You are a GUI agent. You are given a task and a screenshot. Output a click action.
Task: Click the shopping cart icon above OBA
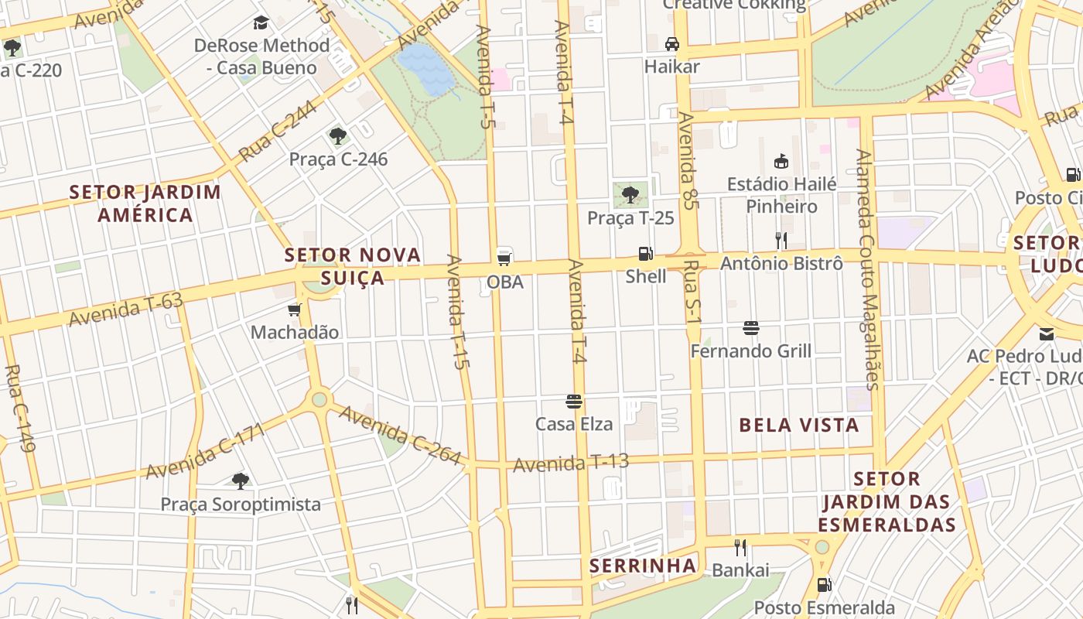tap(504, 258)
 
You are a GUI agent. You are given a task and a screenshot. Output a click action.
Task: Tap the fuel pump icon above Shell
tap(645, 253)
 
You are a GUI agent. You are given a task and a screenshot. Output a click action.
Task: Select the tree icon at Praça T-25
tap(630, 194)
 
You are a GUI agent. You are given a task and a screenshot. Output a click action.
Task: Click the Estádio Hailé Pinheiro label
tap(781, 195)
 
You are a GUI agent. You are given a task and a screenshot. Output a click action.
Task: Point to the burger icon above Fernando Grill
tap(750, 328)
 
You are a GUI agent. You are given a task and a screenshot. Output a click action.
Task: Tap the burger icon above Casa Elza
tap(574, 401)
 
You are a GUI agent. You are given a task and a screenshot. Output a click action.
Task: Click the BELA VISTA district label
tap(799, 425)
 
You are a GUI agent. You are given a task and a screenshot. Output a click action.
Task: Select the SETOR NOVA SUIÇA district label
tap(353, 265)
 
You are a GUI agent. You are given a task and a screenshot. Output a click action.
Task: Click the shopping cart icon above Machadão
tap(294, 309)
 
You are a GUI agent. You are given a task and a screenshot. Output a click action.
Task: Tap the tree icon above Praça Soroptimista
tap(241, 480)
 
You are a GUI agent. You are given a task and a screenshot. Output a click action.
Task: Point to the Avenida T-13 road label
tap(571, 463)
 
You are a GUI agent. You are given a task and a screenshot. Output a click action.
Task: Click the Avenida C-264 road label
tap(400, 436)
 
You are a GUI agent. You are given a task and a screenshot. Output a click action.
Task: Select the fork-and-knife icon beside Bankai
tap(740, 548)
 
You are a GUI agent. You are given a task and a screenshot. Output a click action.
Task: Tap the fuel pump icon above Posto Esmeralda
tap(825, 584)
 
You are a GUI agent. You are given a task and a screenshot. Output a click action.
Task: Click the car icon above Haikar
tap(672, 43)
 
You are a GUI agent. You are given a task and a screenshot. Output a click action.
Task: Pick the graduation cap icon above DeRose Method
tap(261, 22)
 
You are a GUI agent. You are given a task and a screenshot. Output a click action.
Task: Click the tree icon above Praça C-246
tap(337, 136)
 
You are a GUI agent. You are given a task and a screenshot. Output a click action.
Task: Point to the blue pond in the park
tap(425, 68)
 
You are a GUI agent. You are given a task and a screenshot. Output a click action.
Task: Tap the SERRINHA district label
tap(643, 566)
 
